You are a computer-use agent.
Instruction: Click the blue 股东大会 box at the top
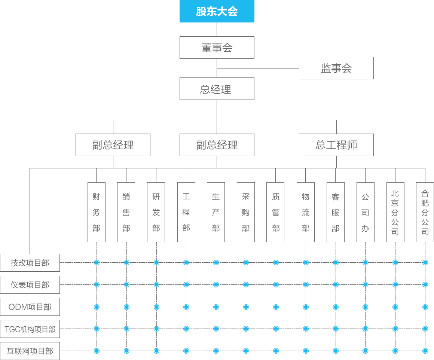217,11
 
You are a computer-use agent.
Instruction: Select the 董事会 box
217,48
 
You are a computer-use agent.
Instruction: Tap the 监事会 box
336,68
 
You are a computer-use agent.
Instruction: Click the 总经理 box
217,89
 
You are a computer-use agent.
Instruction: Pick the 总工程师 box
336,145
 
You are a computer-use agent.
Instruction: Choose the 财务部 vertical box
97,212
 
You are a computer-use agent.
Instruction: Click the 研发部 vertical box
156,212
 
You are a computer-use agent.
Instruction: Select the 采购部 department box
246,212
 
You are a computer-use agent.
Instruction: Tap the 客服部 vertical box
335,212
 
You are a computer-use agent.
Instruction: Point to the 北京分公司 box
395,212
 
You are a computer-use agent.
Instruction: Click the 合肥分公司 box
425,212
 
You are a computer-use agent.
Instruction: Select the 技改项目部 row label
30,263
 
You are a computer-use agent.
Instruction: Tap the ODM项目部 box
30,307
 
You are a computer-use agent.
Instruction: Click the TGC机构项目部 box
30,329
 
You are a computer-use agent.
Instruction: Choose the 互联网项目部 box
30,351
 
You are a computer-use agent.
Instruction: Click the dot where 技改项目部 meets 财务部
97,262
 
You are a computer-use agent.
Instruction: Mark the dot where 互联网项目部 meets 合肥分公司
425,351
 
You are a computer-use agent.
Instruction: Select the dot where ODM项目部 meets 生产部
216,307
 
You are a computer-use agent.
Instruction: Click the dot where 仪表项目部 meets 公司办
365,284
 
